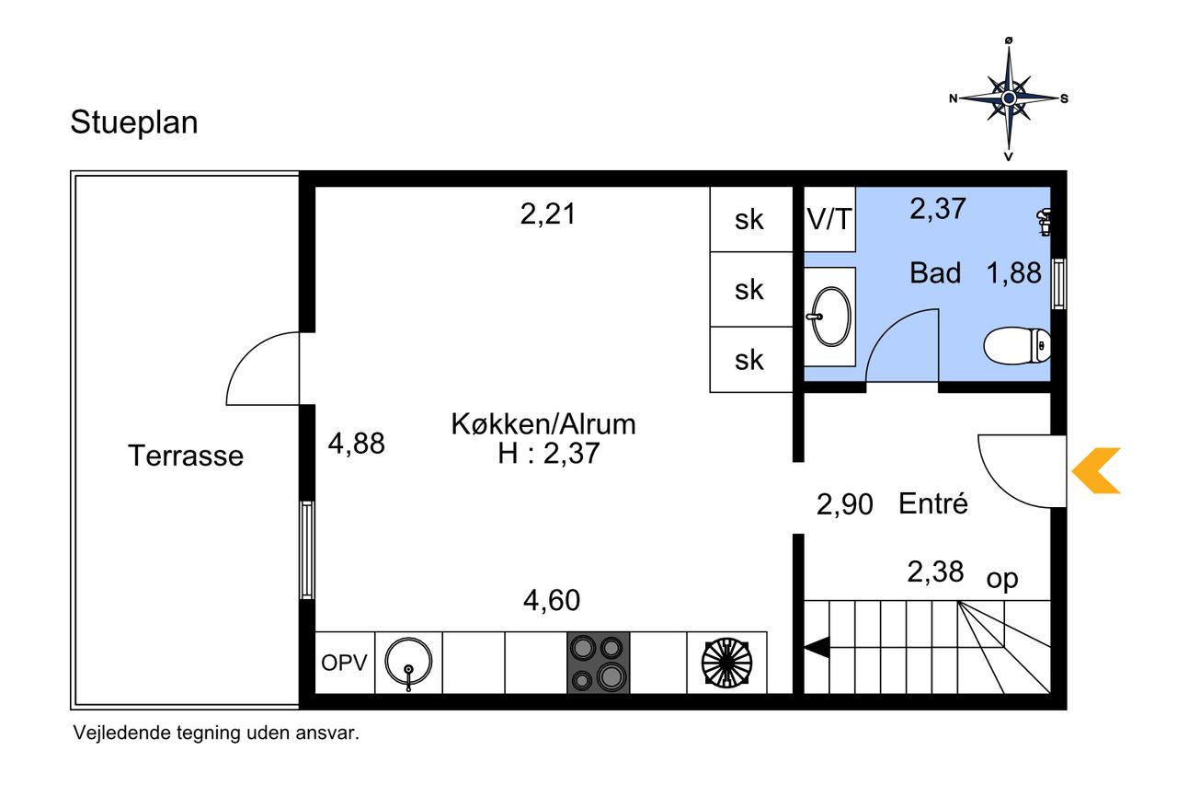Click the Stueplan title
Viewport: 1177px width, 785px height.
pos(134,123)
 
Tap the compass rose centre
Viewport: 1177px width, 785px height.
pos(1009,98)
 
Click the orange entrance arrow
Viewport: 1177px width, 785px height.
pos(1096,470)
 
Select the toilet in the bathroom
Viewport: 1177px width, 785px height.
pos(1017,345)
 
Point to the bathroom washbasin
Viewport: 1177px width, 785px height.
pos(830,317)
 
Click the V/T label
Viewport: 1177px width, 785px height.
pos(829,219)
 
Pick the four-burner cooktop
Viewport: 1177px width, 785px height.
pos(598,663)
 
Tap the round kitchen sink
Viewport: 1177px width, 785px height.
pos(408,664)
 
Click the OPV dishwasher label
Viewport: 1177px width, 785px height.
pos(344,663)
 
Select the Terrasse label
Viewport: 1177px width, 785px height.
pos(186,456)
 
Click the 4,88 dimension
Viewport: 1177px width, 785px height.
pos(356,444)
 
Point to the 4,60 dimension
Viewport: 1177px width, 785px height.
pos(552,600)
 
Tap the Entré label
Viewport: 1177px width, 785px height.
pos(932,503)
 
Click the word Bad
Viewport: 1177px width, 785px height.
pos(935,273)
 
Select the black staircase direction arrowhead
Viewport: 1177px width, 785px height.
pos(817,647)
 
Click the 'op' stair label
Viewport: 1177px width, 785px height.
pos(1002,579)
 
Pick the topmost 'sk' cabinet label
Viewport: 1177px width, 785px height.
pos(748,219)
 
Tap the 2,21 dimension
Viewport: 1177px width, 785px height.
pos(548,214)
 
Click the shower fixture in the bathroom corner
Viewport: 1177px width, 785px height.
pos(1044,222)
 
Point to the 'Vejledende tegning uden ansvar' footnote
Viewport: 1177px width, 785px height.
pos(216,733)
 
